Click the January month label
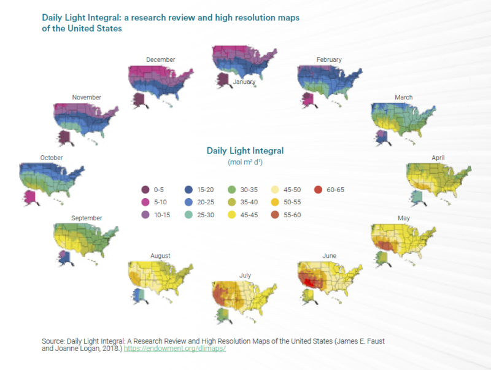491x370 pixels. (244, 82)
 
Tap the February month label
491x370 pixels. (329, 60)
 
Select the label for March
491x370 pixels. (403, 97)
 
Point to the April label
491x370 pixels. (438, 157)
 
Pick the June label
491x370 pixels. (329, 255)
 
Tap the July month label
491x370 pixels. (244, 276)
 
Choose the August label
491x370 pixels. (160, 255)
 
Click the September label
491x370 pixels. (87, 218)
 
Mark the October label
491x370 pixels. (52, 157)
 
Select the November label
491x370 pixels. (87, 97)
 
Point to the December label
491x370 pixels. (161, 60)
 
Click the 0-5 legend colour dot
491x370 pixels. (145, 190)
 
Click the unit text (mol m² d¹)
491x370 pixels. (245, 161)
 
